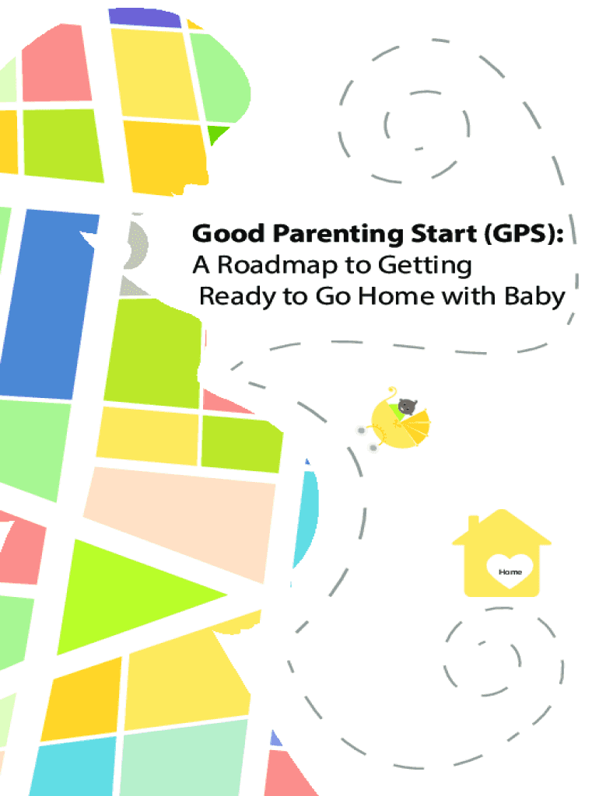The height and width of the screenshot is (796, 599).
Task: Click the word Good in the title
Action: [x=229, y=233]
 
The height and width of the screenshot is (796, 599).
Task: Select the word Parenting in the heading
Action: [x=338, y=235]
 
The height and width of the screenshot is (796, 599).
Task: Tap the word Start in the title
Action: [x=443, y=233]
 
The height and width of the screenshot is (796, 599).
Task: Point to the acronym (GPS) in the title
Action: [x=524, y=235]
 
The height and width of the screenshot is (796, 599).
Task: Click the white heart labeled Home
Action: [x=510, y=570]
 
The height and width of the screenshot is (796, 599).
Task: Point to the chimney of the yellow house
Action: [x=473, y=524]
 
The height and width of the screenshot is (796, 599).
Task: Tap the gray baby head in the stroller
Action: [x=407, y=406]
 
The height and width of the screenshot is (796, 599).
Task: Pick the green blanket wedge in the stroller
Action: [x=396, y=410]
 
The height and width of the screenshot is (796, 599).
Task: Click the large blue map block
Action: [x=48, y=304]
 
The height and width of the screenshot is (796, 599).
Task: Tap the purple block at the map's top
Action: [x=145, y=18]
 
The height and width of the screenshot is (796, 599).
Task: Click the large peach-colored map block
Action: [x=180, y=523]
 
